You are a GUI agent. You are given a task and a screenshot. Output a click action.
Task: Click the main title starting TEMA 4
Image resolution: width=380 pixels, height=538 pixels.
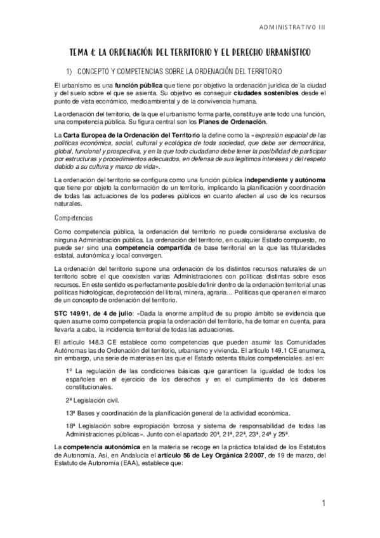(190, 51)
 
